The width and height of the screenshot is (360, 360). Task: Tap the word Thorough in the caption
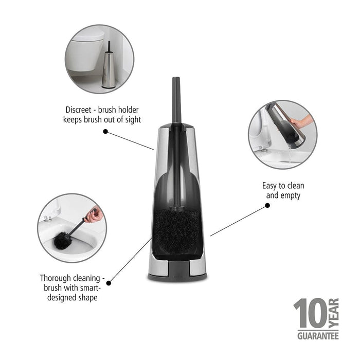(x=56, y=278)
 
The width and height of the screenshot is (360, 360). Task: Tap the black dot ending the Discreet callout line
(x=105, y=131)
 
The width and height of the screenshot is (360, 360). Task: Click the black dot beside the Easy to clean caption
(x=267, y=205)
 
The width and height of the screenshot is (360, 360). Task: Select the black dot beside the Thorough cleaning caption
(x=108, y=282)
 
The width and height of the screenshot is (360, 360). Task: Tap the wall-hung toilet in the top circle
(x=88, y=51)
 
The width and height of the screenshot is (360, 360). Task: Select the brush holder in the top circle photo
(x=108, y=67)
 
